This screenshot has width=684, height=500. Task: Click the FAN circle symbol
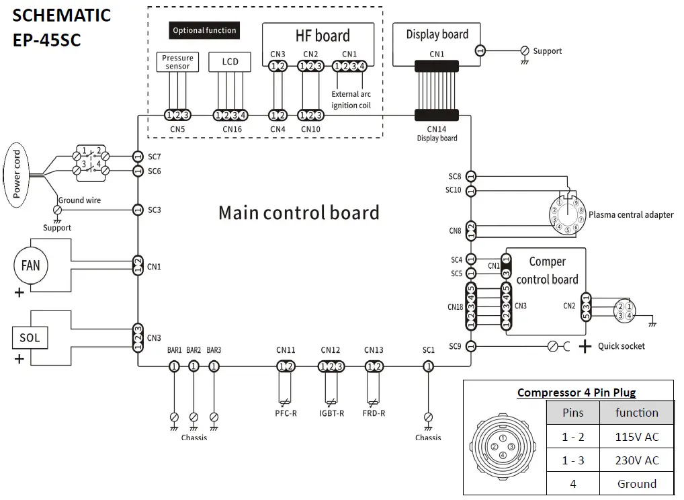tap(31, 265)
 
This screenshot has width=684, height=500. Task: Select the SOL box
tap(30, 337)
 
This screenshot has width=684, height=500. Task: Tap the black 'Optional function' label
tap(204, 30)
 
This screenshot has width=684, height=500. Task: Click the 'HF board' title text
tap(323, 36)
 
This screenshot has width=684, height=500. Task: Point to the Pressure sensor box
tap(177, 62)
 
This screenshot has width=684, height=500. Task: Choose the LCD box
tap(230, 62)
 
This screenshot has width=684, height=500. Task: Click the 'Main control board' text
tap(298, 212)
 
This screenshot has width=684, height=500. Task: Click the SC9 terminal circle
tap(471, 346)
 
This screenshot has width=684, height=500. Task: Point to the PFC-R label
tap(286, 413)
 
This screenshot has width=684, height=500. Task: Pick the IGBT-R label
tap(331, 413)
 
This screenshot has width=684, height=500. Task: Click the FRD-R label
tap(374, 413)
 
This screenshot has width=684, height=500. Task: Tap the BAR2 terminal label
tap(194, 350)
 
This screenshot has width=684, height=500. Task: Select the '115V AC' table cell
tap(637, 437)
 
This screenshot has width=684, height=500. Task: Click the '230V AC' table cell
tap(637, 460)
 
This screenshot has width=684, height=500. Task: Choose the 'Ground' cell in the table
tap(637, 484)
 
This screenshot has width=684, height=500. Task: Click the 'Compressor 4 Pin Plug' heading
tap(576, 392)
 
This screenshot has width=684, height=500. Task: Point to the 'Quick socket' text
tap(621, 346)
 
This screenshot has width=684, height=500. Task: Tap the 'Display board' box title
tap(437, 34)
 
